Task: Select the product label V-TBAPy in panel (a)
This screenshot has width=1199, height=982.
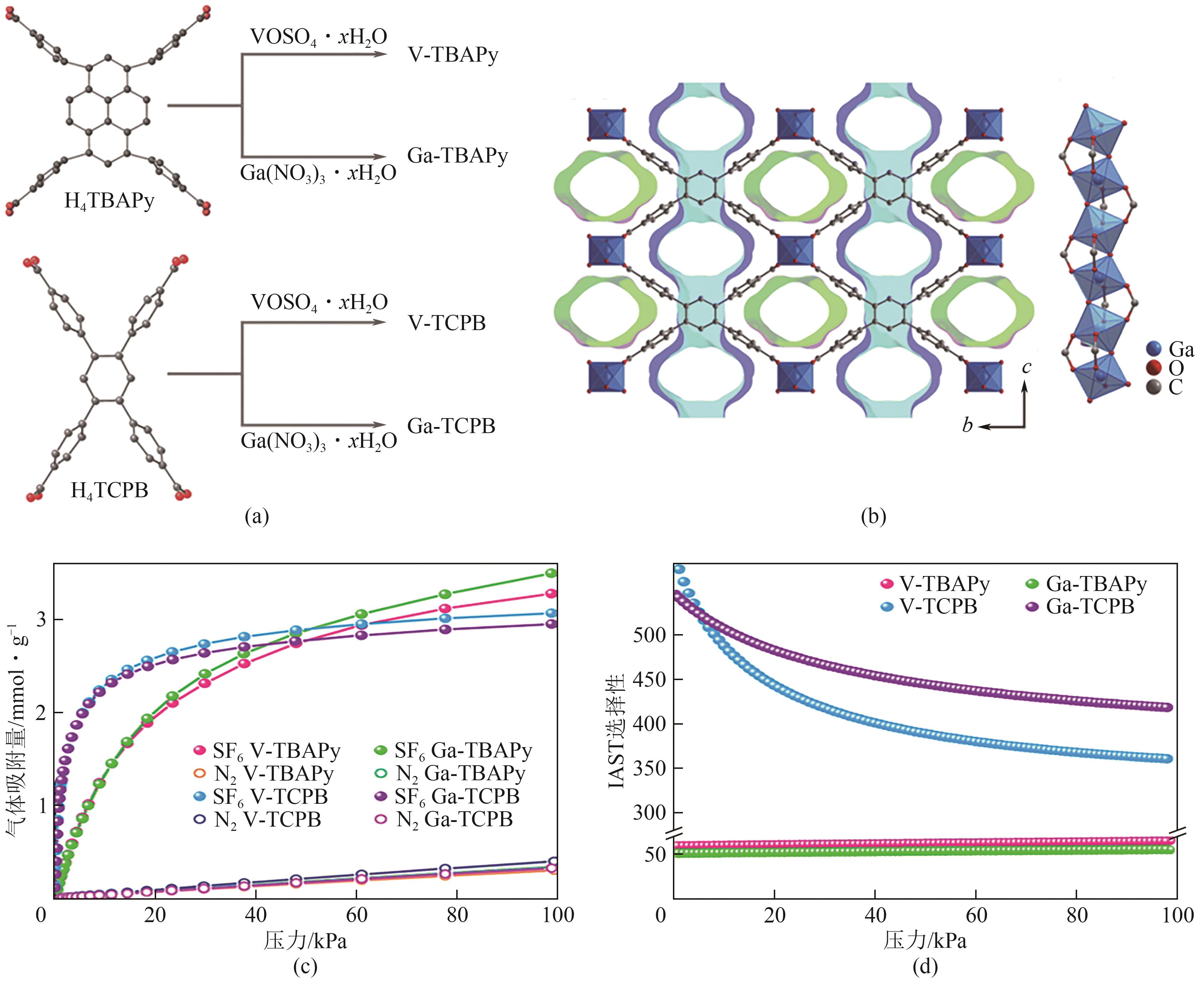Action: click(x=452, y=56)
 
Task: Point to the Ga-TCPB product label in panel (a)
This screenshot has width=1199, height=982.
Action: click(x=451, y=426)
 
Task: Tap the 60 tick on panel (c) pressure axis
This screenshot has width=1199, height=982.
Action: click(x=356, y=915)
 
